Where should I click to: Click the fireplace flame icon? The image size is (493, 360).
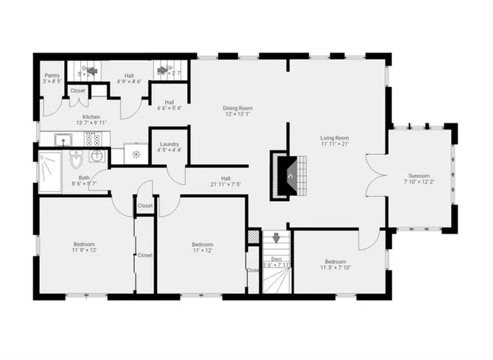[290, 174]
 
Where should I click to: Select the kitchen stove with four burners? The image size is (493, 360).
[94, 139]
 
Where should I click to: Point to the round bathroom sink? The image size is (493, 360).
[98, 156]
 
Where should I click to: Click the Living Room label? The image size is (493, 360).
[335, 138]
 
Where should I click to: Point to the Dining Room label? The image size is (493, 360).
[238, 109]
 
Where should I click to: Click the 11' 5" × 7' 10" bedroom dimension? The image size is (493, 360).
[335, 267]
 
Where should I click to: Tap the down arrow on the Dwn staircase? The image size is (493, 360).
[276, 240]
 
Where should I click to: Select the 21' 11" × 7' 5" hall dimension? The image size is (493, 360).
[226, 184]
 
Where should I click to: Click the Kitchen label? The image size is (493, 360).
[91, 116]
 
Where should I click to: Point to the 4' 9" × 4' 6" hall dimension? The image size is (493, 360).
[129, 81]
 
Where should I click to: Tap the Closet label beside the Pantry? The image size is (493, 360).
[78, 91]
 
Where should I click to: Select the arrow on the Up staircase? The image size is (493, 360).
[163, 68]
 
